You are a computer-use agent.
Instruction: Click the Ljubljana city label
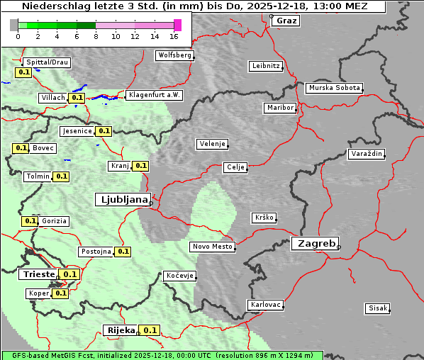coord(122,200)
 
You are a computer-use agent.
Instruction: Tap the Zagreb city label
coord(314,243)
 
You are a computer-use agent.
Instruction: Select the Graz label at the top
coord(286,21)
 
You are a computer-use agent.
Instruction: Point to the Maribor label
coord(279,108)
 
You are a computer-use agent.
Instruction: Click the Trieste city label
coord(39,274)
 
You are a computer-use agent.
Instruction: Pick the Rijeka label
coord(121,330)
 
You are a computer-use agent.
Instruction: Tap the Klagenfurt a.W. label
coord(154,95)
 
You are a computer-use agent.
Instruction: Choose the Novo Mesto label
coord(212,247)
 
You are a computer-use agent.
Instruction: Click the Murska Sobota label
coord(334,89)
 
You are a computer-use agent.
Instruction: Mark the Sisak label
coord(376,308)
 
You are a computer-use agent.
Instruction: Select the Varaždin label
coord(367,154)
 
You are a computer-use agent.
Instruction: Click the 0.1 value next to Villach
coord(78,98)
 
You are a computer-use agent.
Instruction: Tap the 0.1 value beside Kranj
coord(140,166)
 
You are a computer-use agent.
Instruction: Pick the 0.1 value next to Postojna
coord(123,251)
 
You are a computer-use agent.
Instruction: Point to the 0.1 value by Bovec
coord(21,148)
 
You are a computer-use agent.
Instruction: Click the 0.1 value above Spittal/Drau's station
coord(23,72)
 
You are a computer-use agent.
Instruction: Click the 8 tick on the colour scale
coord(96,35)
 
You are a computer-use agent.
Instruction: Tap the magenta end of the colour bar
coord(177,25)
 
